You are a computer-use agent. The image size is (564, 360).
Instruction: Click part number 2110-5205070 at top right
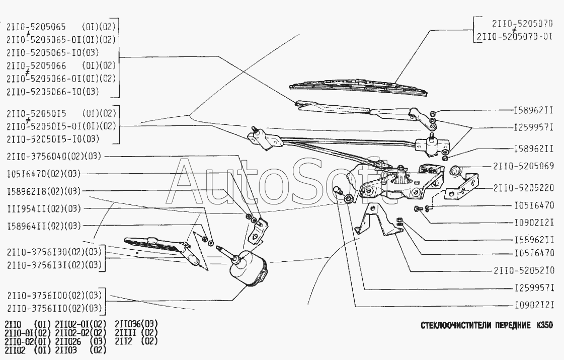[x=523, y=23]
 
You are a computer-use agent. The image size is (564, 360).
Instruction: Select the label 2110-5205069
[x=523, y=166]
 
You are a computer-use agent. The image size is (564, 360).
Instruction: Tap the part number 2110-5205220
[x=523, y=188]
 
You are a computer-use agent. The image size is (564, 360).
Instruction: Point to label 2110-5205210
[x=523, y=270]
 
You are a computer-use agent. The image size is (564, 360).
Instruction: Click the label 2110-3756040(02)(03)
[x=54, y=157]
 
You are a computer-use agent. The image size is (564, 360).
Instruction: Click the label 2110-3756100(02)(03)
[x=54, y=295]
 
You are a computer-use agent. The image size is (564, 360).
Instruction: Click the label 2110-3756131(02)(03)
[x=54, y=265]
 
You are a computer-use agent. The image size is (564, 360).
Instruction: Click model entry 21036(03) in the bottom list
[x=136, y=323]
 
